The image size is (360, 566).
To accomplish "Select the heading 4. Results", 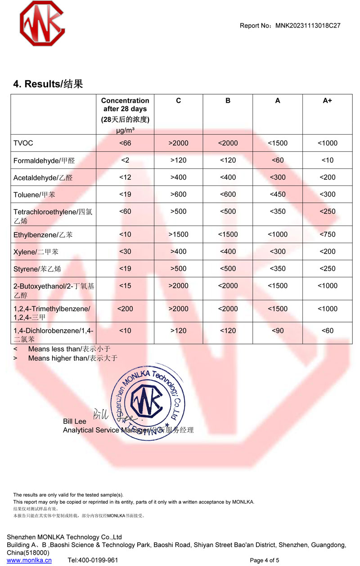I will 48,84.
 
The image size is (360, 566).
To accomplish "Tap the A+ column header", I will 327,101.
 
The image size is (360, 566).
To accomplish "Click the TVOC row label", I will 23,143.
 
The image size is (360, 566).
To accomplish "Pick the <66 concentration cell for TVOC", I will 125,143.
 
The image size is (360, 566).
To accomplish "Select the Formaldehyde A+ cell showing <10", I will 327,160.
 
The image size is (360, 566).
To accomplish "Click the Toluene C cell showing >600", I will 178,195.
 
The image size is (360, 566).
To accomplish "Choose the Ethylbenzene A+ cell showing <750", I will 327,235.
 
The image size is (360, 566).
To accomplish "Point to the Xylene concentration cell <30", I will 125,252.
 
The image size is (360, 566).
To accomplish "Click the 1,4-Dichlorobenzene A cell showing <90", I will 278,331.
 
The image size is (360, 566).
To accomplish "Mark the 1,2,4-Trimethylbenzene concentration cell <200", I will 125,308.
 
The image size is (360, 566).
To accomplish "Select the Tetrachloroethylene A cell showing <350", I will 278,212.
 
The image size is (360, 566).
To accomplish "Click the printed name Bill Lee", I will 75,421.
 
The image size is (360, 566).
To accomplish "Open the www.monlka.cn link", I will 29,560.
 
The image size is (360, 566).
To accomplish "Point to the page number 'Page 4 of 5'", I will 264,560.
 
